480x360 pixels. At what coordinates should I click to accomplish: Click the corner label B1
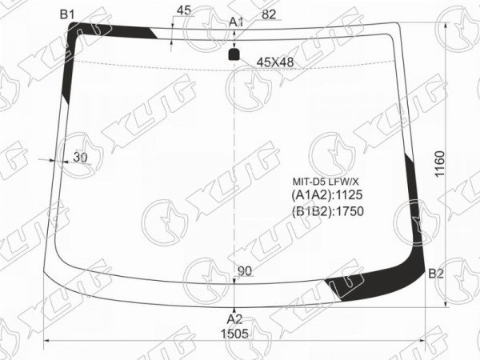pyautogui.click(x=67, y=14)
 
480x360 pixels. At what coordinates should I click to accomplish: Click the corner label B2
pyautogui.click(x=436, y=274)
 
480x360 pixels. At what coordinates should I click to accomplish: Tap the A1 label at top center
pyautogui.click(x=236, y=22)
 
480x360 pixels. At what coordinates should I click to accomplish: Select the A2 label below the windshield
pyautogui.click(x=234, y=319)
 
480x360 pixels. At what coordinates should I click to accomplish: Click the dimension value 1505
pyautogui.click(x=234, y=334)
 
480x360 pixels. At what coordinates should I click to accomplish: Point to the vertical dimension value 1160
pyautogui.click(x=439, y=164)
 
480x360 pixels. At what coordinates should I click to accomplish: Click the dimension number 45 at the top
pyautogui.click(x=184, y=10)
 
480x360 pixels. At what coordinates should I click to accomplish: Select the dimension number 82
pyautogui.click(x=269, y=14)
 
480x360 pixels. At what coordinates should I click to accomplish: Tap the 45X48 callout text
pyautogui.click(x=275, y=62)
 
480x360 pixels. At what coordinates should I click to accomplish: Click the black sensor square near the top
pyautogui.click(x=234, y=54)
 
